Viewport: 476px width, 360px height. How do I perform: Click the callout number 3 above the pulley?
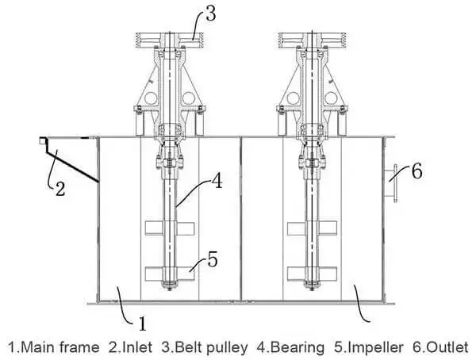click(211, 13)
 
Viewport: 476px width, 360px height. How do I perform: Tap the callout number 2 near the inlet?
click(59, 189)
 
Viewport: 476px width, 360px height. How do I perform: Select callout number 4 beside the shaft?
click(217, 182)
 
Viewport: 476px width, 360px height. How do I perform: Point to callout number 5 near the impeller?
click(213, 260)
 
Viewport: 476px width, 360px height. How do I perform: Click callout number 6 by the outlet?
click(416, 171)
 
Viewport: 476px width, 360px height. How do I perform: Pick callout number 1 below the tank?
click(142, 324)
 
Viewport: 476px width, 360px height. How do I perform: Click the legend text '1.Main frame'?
click(53, 347)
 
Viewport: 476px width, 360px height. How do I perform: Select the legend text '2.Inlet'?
click(130, 347)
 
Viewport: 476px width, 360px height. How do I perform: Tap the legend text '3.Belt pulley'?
click(205, 347)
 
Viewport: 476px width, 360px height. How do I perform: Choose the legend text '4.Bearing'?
click(290, 347)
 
